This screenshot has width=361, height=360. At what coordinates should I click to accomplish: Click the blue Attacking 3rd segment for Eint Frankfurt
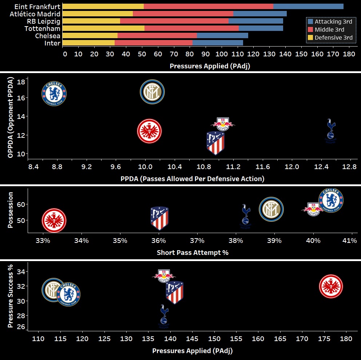(308, 6)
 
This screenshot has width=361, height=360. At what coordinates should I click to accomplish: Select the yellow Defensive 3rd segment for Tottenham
(103, 28)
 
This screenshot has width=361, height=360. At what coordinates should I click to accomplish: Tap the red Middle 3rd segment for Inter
(153, 43)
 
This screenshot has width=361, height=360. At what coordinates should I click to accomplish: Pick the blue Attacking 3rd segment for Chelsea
(222, 35)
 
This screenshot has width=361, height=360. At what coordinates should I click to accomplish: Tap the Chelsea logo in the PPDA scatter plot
(54, 93)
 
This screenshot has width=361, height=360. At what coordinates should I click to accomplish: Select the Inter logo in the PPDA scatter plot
(152, 92)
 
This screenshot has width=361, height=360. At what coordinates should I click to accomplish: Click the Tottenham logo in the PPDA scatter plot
(330, 128)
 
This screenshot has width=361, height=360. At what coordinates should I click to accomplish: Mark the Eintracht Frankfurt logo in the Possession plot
(54, 220)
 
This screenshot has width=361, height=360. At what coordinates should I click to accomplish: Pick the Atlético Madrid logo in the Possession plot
(159, 218)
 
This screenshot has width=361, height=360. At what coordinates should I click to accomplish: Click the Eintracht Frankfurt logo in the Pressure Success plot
(330, 286)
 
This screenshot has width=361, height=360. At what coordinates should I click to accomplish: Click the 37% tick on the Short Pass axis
(197, 241)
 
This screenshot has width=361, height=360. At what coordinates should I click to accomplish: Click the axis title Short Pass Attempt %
(193, 252)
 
